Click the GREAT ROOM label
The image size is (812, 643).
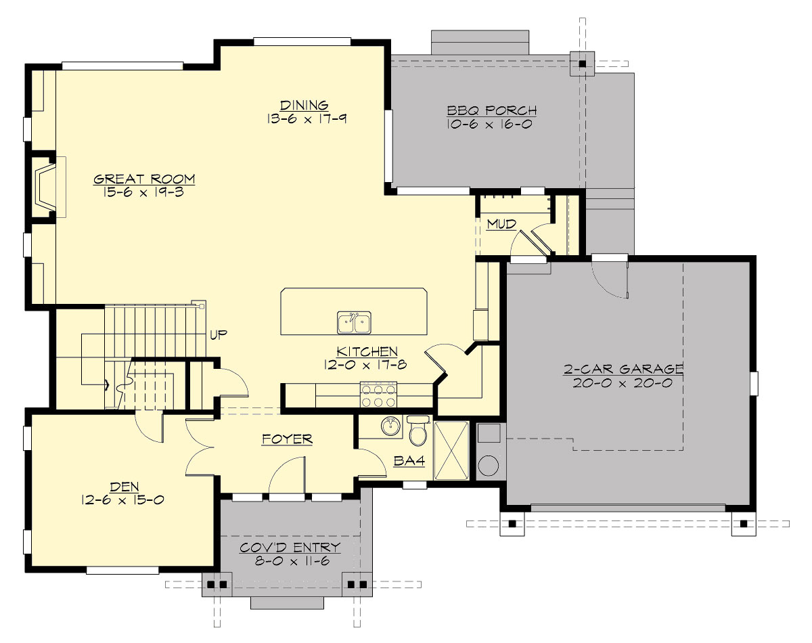[144, 179]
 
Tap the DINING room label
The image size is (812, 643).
[304, 105]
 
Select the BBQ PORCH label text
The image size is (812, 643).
[491, 110]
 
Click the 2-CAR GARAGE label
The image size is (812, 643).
[623, 369]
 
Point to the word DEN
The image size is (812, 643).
[122, 487]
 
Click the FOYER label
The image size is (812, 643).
[287, 439]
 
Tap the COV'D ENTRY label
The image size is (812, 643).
[290, 548]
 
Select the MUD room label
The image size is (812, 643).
[501, 223]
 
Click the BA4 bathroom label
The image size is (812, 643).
[409, 462]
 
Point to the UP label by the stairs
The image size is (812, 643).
[218, 334]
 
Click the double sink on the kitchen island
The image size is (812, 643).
[354, 323]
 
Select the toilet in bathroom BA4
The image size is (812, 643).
[418, 431]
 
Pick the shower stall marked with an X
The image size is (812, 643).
[451, 450]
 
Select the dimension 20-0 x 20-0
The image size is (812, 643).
[623, 382]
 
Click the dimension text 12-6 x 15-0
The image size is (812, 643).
[122, 500]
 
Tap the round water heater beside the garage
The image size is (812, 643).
[488, 465]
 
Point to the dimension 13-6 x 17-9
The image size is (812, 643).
[304, 118]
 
